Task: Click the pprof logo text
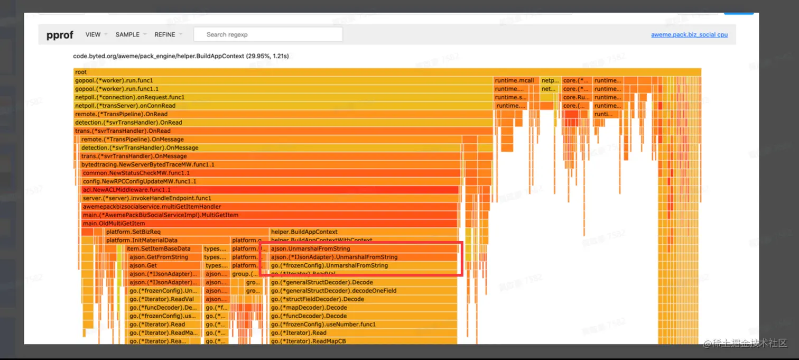[59, 35]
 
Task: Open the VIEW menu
[93, 34]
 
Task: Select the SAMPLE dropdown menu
[127, 34]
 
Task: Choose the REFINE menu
[165, 34]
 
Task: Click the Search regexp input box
[268, 34]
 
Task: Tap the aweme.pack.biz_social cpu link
[689, 35]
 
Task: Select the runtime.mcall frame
[516, 80]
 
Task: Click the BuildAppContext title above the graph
[181, 56]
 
